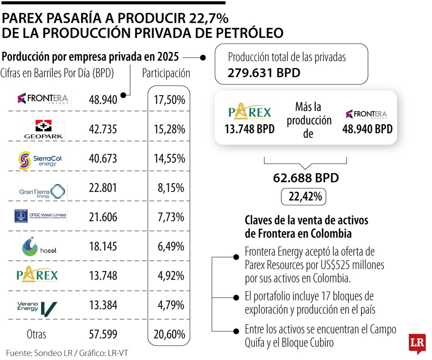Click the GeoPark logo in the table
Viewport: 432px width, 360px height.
[x=43, y=129]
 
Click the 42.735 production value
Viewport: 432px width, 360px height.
[x=103, y=129]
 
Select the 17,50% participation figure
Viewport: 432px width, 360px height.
[x=169, y=100]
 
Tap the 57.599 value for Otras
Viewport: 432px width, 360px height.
[x=103, y=334]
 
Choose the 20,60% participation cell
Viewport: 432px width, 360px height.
[x=169, y=334]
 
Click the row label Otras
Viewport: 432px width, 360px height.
[x=36, y=334]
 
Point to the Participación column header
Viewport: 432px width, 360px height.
[x=166, y=73]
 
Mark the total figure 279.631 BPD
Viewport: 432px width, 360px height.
[x=264, y=73]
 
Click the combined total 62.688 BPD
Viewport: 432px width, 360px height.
[x=306, y=178]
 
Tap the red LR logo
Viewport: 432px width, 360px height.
[x=417, y=343]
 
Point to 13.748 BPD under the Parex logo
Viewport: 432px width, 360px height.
[x=249, y=129]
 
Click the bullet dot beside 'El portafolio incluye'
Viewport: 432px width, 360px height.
[x=236, y=298]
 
